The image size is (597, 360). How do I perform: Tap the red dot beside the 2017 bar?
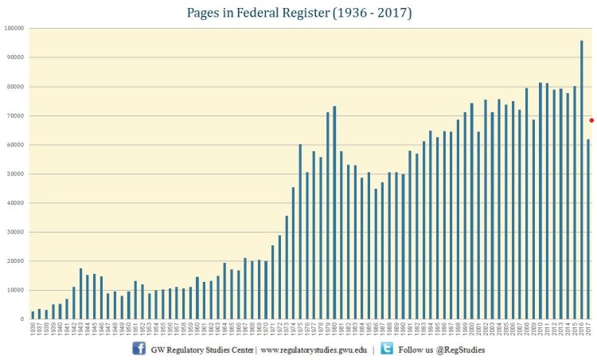tap(591, 120)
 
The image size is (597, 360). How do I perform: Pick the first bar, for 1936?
tap(33, 315)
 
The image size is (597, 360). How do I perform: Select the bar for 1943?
tap(80, 294)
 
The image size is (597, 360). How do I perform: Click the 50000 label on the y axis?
tap(15, 174)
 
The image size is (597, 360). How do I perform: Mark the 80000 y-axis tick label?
tap(15, 86)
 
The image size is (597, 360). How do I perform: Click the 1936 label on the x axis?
tap(33, 329)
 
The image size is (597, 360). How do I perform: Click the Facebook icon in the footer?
tap(138, 349)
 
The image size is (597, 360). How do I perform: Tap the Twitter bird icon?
tap(387, 349)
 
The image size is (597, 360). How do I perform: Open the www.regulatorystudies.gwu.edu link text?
tap(314, 350)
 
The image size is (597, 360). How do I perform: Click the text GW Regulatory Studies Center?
tap(202, 350)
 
